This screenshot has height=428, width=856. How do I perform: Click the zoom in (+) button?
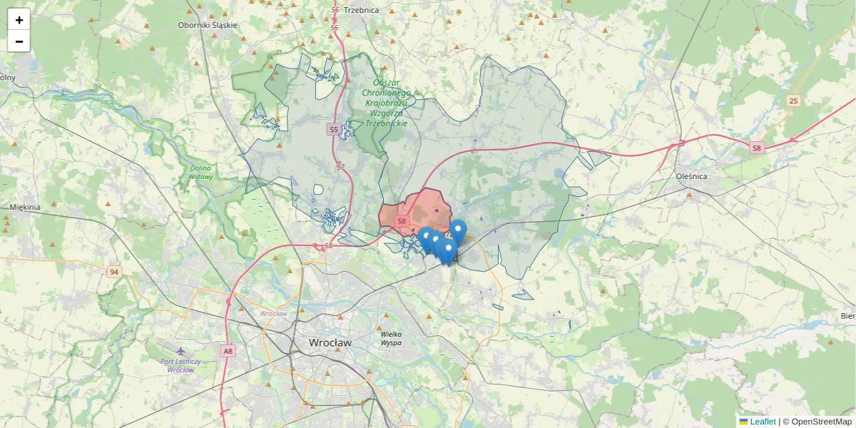pyautogui.click(x=19, y=20)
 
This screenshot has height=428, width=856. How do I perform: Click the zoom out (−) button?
pyautogui.click(x=19, y=41)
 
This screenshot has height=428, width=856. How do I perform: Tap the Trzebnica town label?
pyautogui.click(x=361, y=10)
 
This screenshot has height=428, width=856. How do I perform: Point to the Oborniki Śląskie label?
pyautogui.click(x=207, y=25)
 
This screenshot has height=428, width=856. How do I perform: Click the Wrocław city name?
pyautogui.click(x=330, y=342)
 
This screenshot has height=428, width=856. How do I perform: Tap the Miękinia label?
pyautogui.click(x=25, y=207)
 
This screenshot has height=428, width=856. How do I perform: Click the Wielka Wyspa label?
pyautogui.click(x=391, y=338)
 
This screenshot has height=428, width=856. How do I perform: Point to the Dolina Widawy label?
pyautogui.click(x=200, y=172)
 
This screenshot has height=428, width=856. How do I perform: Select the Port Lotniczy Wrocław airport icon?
pyautogui.click(x=180, y=351)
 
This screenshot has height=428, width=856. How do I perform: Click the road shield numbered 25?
pyautogui.click(x=793, y=101)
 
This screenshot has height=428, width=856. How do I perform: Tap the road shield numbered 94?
pyautogui.click(x=113, y=272)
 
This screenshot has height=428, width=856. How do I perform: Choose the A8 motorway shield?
pyautogui.click(x=228, y=350)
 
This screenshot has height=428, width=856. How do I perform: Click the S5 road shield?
pyautogui.click(x=333, y=129)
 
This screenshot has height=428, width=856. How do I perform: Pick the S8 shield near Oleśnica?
pyautogui.click(x=757, y=148)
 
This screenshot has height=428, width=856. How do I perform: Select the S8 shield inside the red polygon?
pyautogui.click(x=402, y=221)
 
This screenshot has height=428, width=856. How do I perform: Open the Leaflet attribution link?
pyautogui.click(x=762, y=422)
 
